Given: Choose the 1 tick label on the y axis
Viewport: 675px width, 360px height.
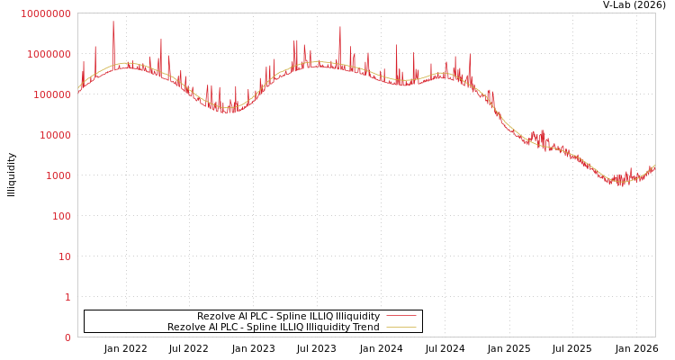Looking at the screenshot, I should (67, 297).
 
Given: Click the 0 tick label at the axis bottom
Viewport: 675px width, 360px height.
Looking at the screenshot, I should (67, 337).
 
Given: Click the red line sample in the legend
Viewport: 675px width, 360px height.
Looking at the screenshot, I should (401, 316).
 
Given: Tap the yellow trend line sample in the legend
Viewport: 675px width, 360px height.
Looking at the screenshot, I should (401, 327).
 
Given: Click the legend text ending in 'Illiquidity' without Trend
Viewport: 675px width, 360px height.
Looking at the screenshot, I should (288, 316).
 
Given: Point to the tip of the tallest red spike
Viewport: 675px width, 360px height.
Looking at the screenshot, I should (113, 21).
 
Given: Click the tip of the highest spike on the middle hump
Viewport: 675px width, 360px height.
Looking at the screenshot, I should (340, 26).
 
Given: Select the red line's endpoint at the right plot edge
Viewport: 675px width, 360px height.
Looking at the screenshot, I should (654, 166).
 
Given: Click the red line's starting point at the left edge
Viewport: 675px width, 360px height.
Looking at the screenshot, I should (78, 91).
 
